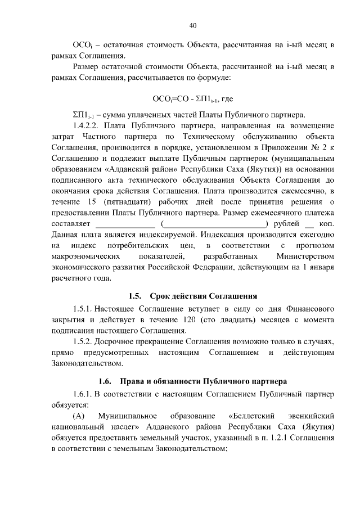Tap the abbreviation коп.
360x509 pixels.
click(327, 224)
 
